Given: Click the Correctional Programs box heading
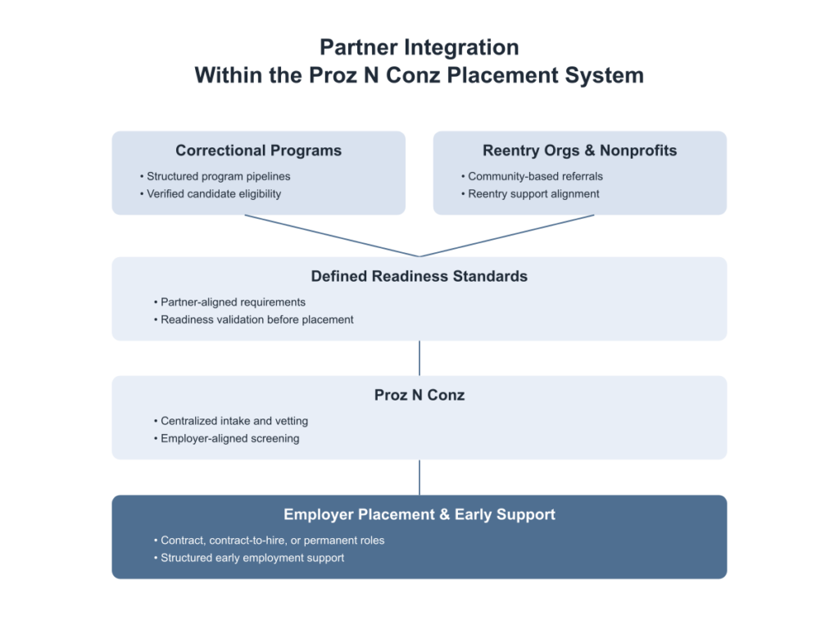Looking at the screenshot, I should tap(258, 151).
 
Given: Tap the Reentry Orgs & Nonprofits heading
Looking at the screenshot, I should tap(579, 151).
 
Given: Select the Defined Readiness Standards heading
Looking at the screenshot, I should tap(419, 276).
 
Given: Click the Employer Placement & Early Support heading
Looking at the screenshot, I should tap(419, 514).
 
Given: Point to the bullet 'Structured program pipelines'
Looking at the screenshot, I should tap(218, 176).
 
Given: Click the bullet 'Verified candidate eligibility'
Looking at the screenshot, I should tap(214, 194).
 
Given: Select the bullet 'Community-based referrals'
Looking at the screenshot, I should tap(535, 176).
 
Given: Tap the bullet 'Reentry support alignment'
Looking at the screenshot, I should tap(533, 194).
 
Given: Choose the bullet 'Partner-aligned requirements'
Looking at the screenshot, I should tap(233, 302).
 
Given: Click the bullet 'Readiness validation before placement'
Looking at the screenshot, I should tap(256, 319).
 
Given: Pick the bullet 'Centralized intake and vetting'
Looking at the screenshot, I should tap(234, 421).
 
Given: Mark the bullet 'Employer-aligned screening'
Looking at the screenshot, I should tap(229, 438).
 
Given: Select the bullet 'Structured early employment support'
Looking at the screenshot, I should tap(252, 558).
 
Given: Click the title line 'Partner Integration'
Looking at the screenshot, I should tap(419, 48).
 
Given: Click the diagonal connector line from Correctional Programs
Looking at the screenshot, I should tap(332, 236).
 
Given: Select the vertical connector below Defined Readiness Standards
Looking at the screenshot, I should tap(419, 358).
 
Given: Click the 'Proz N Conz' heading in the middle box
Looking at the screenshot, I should tap(419, 395).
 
